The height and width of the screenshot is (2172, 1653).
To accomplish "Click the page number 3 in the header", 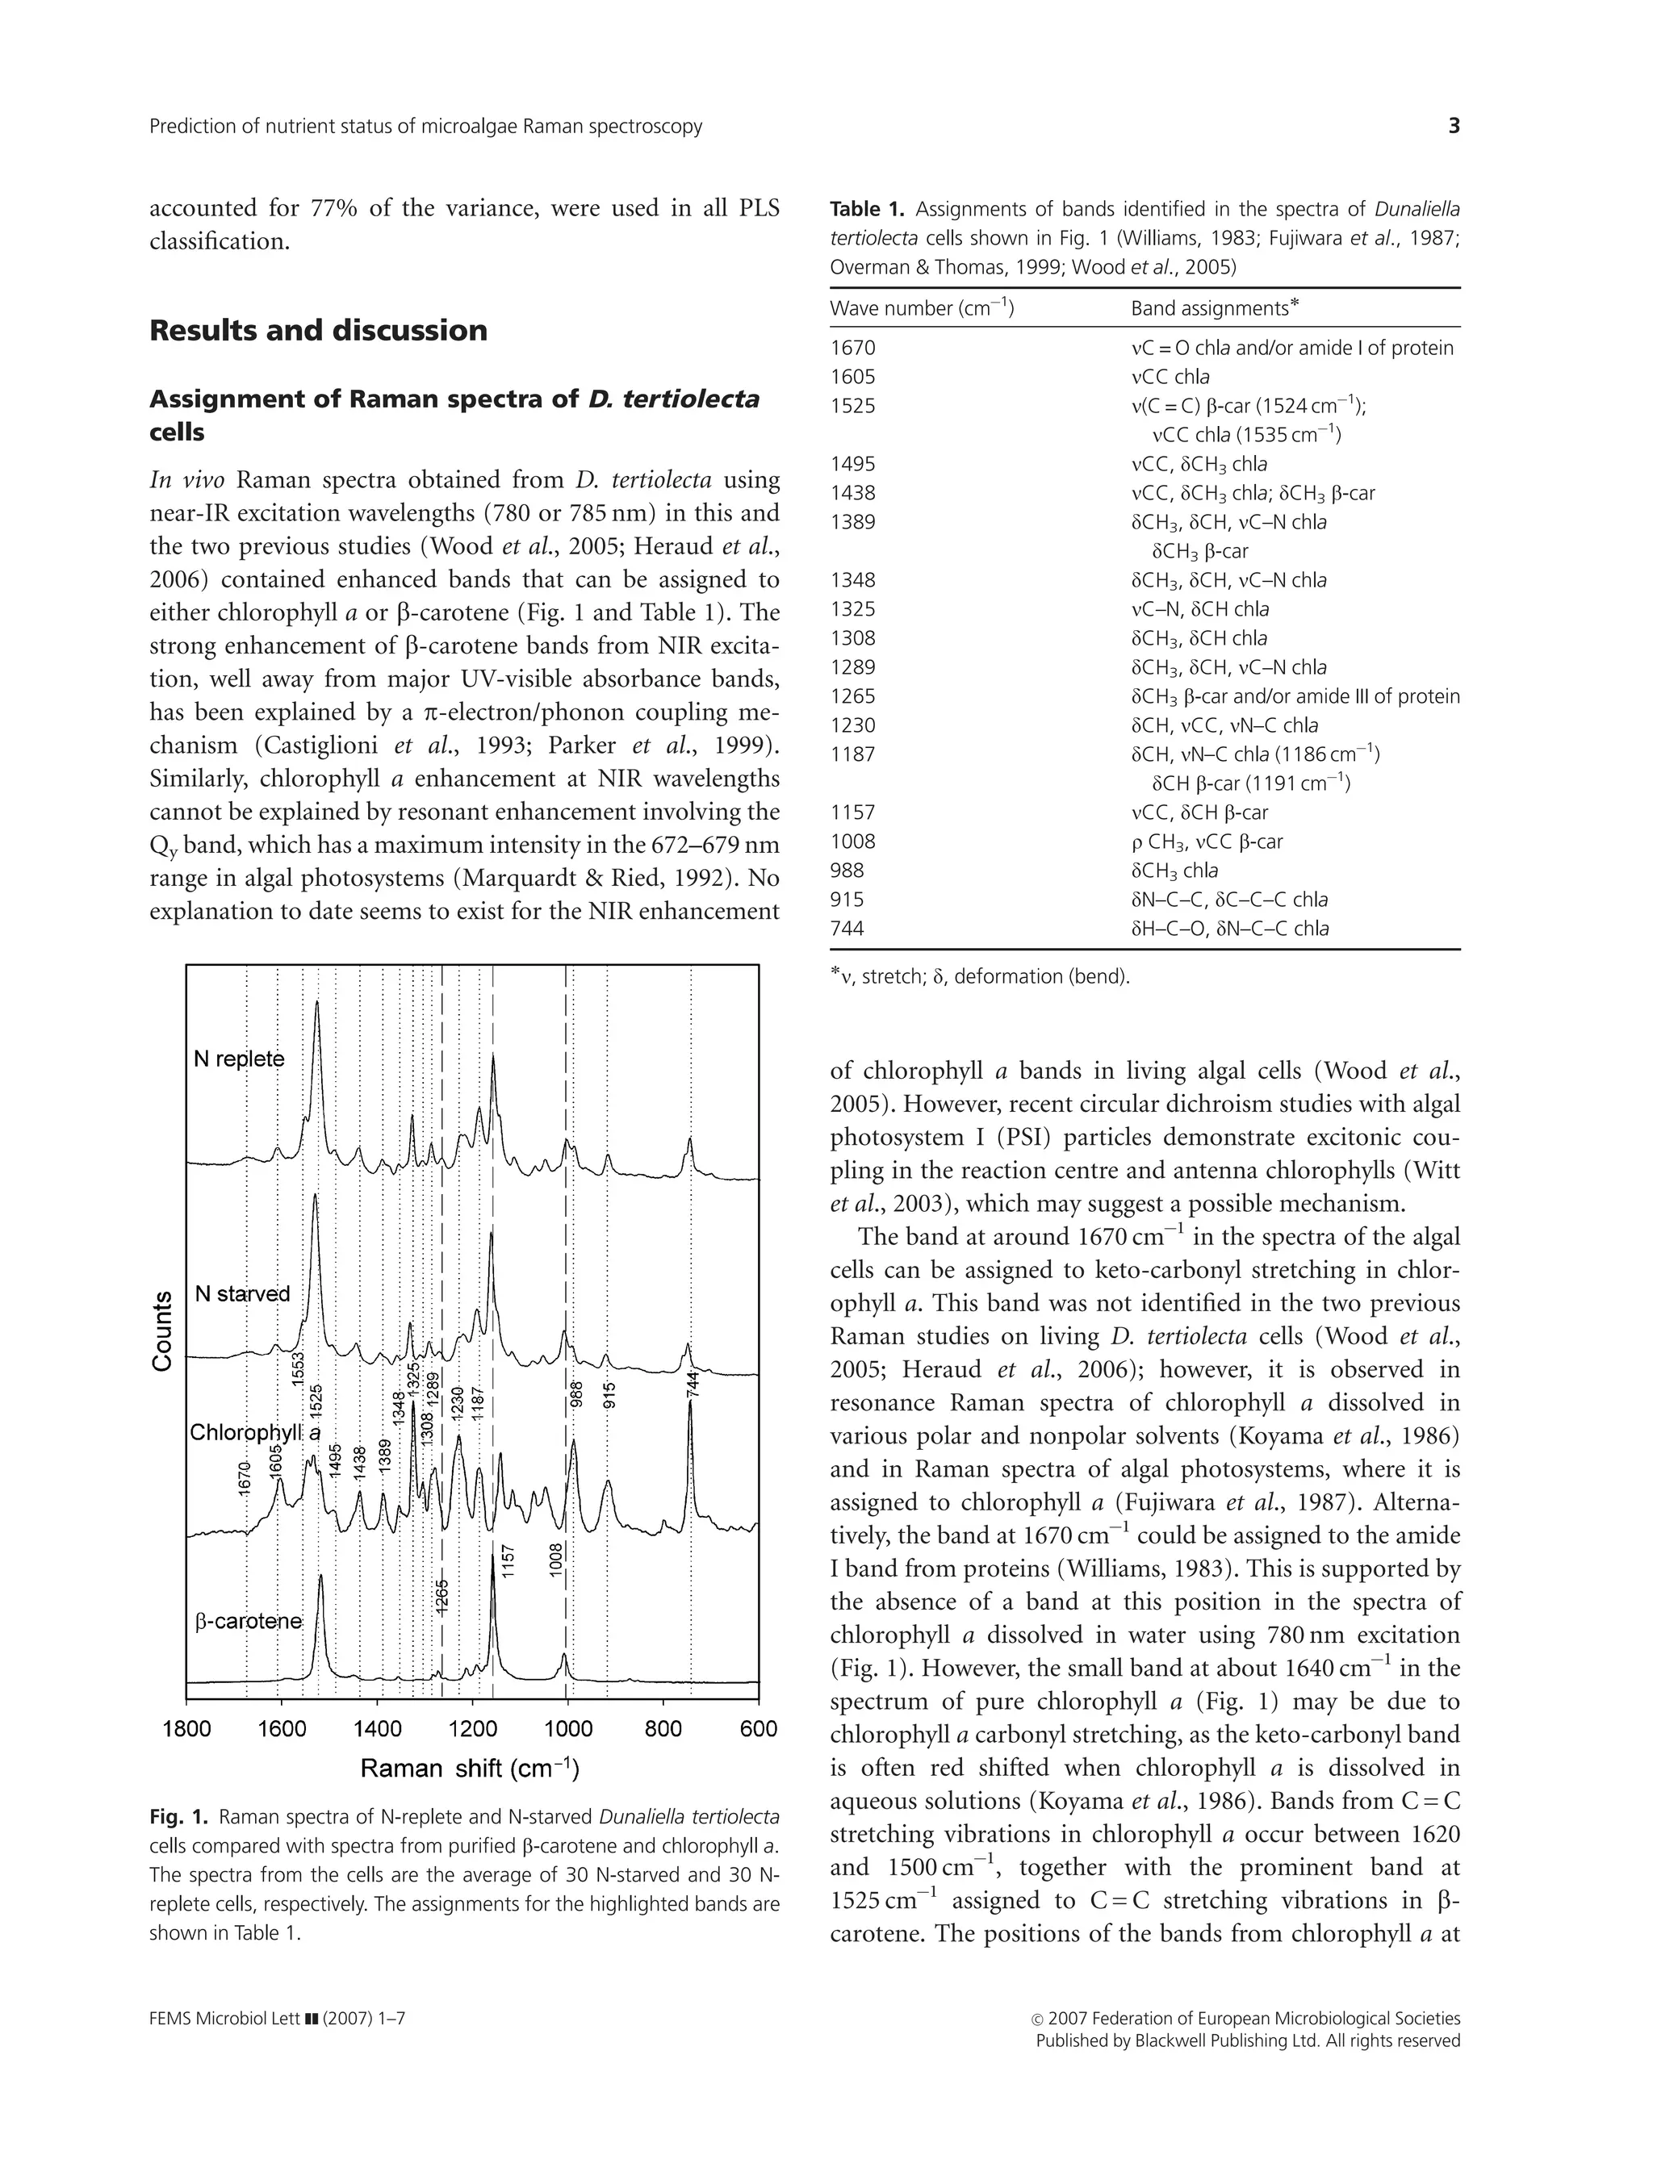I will click(1454, 126).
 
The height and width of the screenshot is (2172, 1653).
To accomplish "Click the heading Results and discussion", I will click(318, 331).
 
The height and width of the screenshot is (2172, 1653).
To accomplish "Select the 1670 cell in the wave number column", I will click(852, 349).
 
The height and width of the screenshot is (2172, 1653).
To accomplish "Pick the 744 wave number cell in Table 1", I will click(847, 928).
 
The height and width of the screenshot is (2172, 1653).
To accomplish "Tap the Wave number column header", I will click(921, 308).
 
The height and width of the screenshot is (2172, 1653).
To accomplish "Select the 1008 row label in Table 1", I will click(852, 841).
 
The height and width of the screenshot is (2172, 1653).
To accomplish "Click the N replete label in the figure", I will click(239, 1059).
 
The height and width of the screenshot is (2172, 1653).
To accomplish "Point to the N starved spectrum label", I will click(242, 1293).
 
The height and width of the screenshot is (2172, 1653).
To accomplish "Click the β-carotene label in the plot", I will click(248, 1621).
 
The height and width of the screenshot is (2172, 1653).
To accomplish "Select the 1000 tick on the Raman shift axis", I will click(567, 1729).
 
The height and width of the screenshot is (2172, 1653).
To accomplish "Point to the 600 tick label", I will click(758, 1729).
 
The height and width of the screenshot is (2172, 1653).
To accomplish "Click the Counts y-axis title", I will click(162, 1332).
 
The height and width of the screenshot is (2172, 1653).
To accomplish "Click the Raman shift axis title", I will click(469, 1769).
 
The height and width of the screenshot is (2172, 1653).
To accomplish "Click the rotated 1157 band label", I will click(508, 1561).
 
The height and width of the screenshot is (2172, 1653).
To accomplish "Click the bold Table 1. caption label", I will click(867, 210).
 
